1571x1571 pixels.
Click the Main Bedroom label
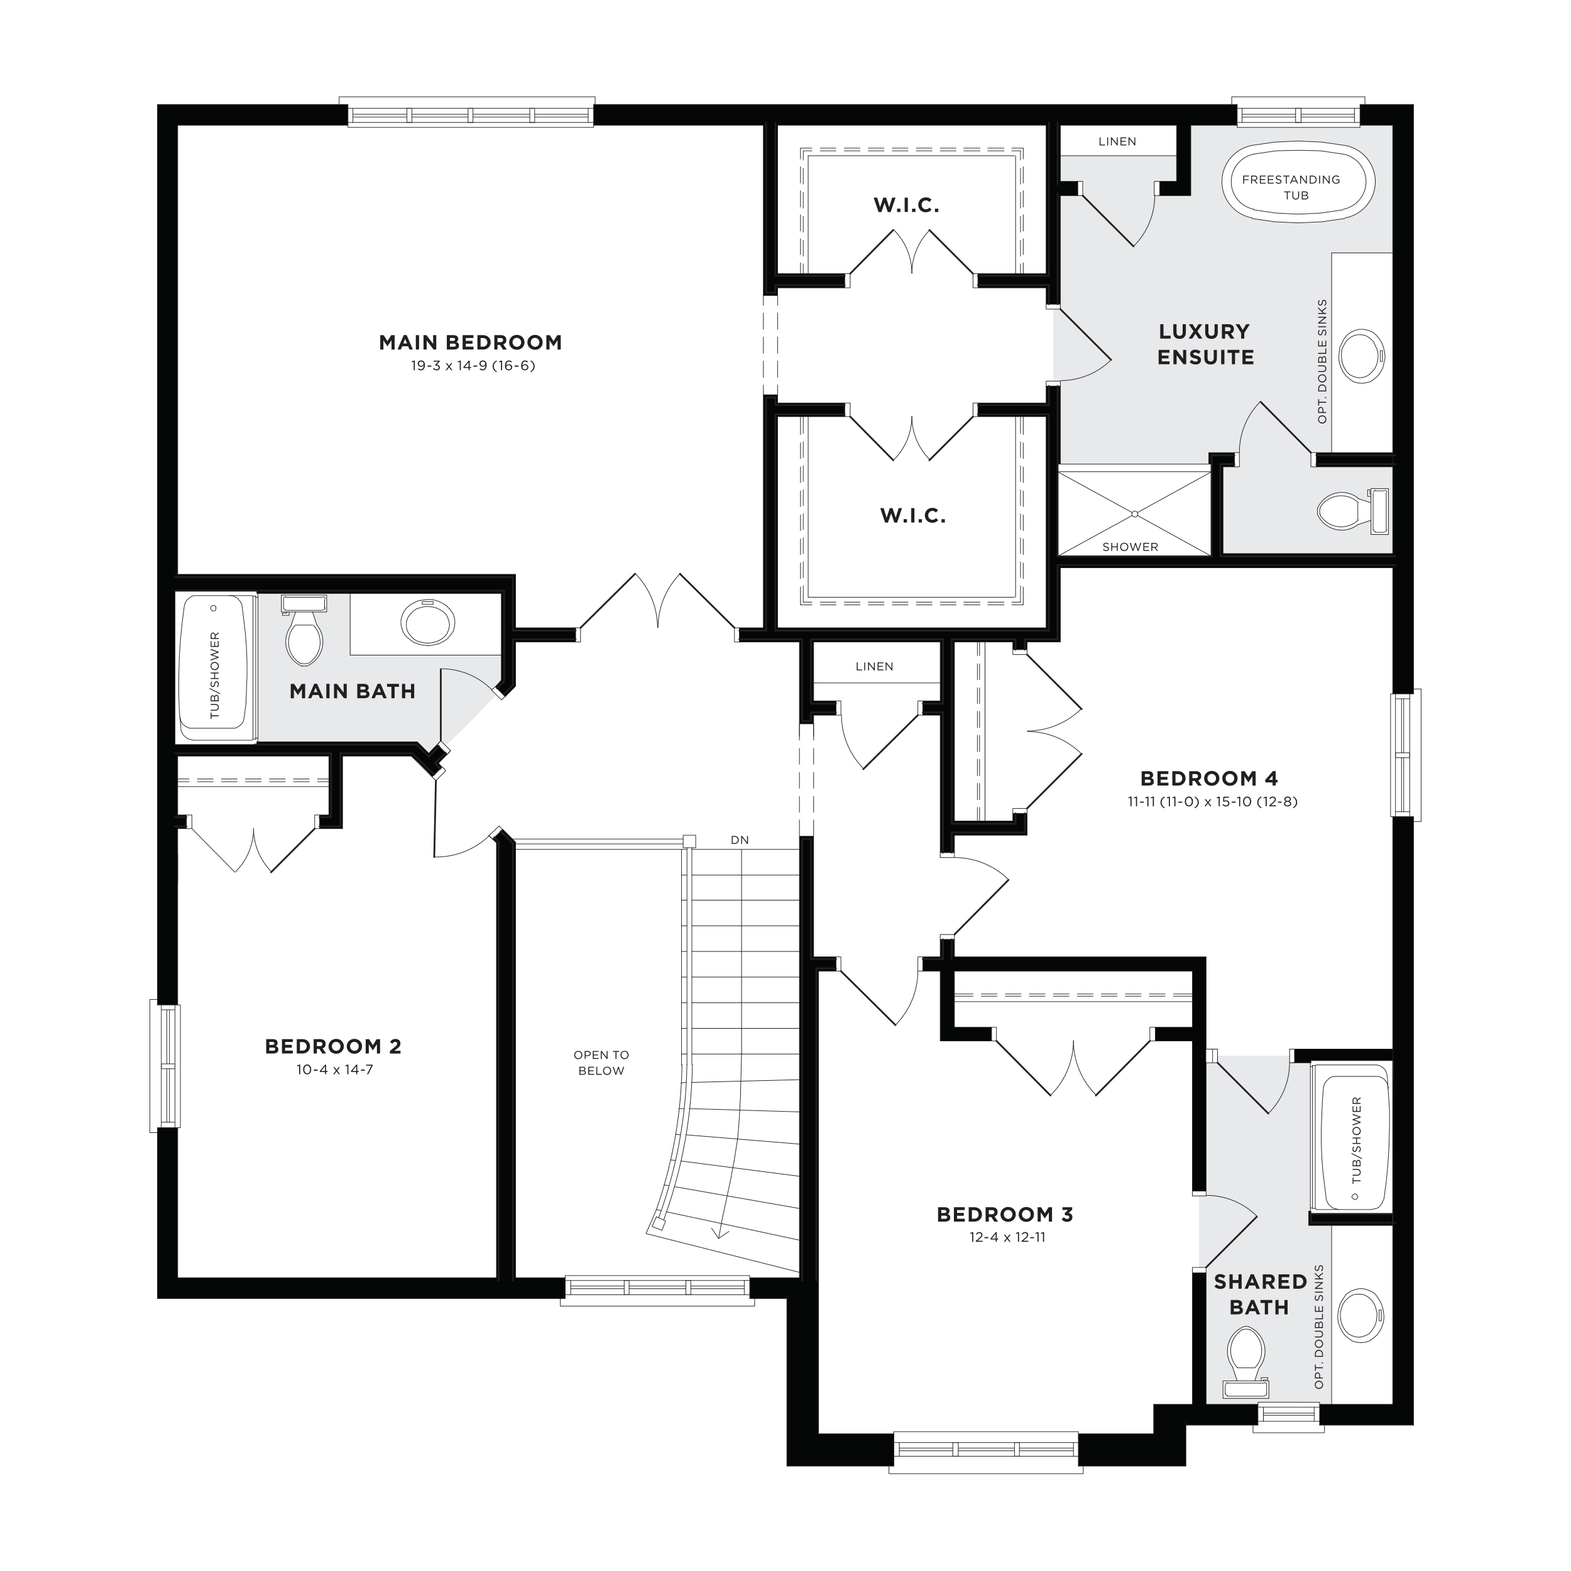(470, 342)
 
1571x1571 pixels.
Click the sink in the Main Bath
(428, 623)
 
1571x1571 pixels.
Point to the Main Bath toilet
(304, 630)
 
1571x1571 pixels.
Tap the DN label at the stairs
(739, 840)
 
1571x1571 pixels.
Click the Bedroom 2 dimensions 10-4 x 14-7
(334, 1070)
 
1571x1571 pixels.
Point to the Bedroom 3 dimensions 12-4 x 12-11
(1007, 1237)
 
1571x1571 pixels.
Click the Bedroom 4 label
(1209, 778)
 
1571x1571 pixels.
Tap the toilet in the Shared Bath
(1245, 1363)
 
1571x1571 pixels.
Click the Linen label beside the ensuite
(1117, 141)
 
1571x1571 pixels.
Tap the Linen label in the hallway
(874, 667)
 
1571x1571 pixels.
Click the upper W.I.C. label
(907, 205)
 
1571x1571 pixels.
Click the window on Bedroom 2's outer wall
(165, 1066)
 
